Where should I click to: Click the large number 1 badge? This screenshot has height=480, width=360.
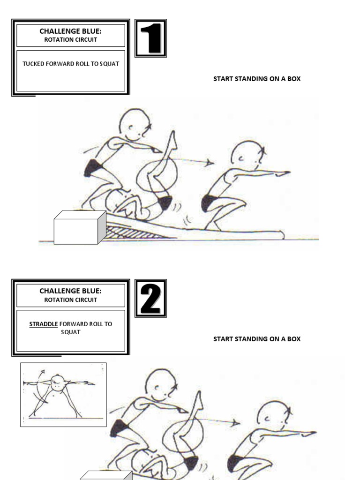pyautogui.click(x=150, y=38)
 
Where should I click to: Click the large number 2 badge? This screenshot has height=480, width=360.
pyautogui.click(x=150, y=298)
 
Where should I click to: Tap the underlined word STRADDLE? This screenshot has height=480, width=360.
pyautogui.click(x=44, y=324)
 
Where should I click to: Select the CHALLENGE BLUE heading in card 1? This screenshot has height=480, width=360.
pyautogui.click(x=70, y=31)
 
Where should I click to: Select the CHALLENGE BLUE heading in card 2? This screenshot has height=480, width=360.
pyautogui.click(x=70, y=291)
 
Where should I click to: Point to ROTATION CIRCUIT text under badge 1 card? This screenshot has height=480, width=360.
pyautogui.click(x=70, y=40)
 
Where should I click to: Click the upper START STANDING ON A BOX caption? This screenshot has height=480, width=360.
pyautogui.click(x=257, y=79)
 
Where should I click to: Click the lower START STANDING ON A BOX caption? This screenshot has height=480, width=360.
pyautogui.click(x=257, y=339)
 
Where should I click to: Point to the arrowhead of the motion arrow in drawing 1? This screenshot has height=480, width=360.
pyautogui.click(x=210, y=163)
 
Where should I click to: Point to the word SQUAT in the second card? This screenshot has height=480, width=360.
pyautogui.click(x=70, y=332)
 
